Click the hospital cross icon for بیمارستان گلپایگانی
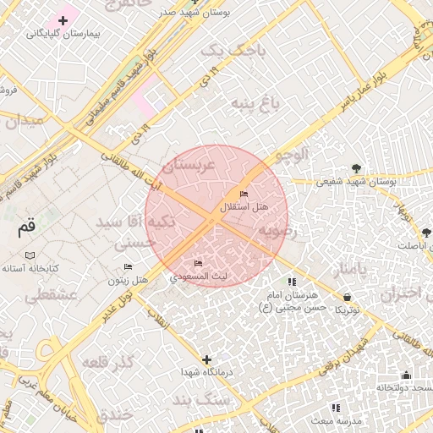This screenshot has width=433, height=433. [63, 19]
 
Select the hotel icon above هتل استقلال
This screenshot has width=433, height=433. [244, 195]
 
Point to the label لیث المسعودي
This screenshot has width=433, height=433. [198, 276]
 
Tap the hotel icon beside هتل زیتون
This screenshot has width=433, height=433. [129, 267]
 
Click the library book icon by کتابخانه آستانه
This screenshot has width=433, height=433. [30, 255]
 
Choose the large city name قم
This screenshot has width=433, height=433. [27, 227]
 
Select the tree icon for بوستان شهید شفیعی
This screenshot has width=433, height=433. [356, 168]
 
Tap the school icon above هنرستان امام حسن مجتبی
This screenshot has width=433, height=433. [292, 282]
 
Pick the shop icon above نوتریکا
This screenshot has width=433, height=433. [348, 297]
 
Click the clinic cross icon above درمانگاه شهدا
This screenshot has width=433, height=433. [206, 359]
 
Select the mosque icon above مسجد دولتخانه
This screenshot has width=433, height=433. [406, 375]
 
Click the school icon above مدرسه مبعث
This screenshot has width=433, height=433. [336, 408]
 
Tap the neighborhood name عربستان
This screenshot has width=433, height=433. [189, 161]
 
